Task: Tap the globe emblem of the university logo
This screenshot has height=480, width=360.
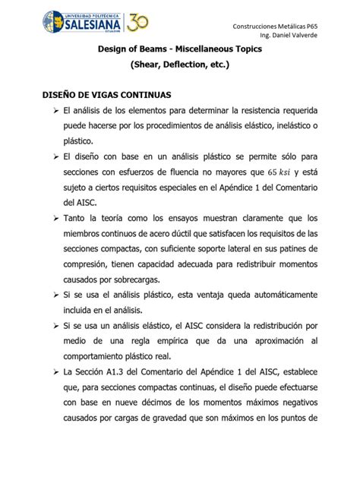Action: [55, 23]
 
